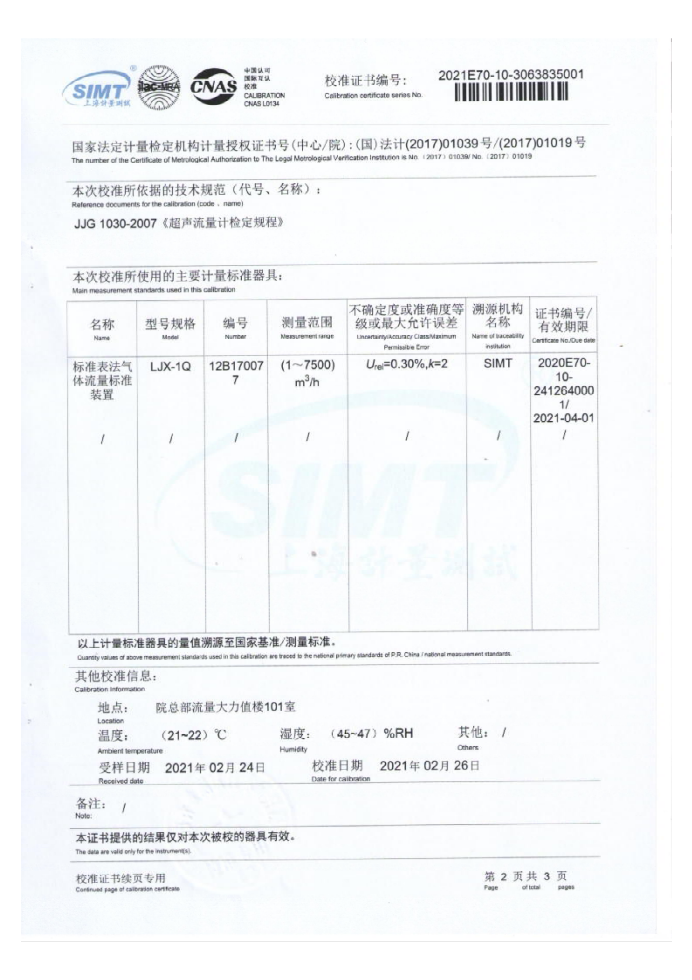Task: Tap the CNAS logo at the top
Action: pyautogui.click(x=214, y=86)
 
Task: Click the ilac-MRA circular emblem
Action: pyautogui.click(x=159, y=87)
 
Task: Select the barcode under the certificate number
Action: pyautogui.click(x=511, y=92)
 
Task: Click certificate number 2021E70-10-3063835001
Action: pyautogui.click(x=510, y=75)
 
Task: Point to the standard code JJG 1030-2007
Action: pyautogui.click(x=115, y=224)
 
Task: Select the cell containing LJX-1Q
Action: pyautogui.click(x=170, y=366)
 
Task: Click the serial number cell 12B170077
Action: pyautogui.click(x=236, y=372)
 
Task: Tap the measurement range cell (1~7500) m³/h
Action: pyautogui.click(x=307, y=373)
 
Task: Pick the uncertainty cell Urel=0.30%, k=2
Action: pyautogui.click(x=407, y=364)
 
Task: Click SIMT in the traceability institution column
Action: pyautogui.click(x=498, y=363)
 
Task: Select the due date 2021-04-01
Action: pyautogui.click(x=563, y=418)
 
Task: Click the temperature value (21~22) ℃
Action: pyautogui.click(x=194, y=736)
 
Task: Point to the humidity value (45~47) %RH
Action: pyautogui.click(x=371, y=733)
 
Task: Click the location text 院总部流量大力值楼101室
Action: pyautogui.click(x=226, y=707)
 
